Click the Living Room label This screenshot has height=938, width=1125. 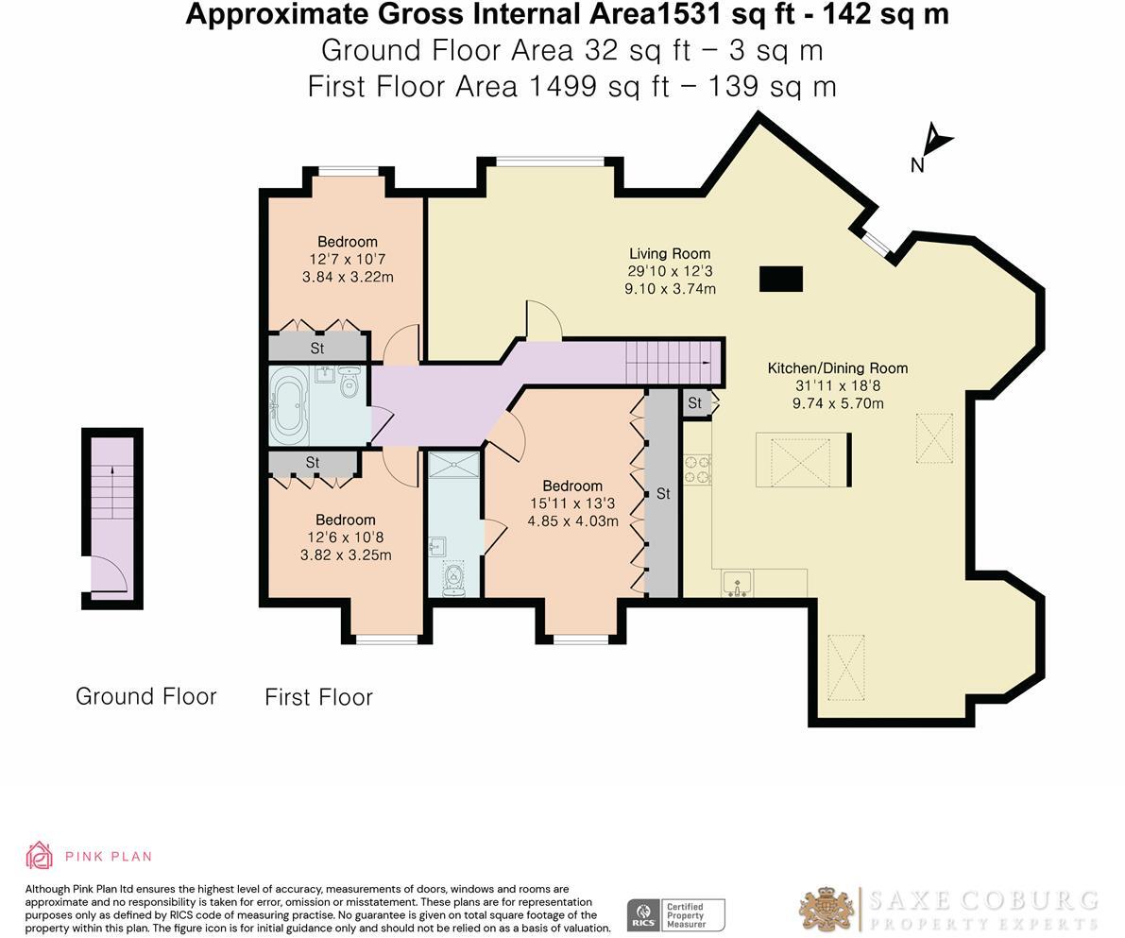(670, 253)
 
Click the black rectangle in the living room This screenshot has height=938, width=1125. (781, 279)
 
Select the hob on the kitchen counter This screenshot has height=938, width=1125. (698, 469)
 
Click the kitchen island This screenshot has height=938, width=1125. (802, 460)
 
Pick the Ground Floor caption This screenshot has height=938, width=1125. (146, 696)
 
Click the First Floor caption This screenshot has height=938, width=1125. (318, 697)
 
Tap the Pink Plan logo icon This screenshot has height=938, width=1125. (40, 855)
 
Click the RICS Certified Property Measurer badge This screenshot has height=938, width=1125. (675, 915)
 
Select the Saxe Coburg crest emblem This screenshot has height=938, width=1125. (827, 910)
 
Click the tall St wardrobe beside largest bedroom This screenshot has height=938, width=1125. (663, 493)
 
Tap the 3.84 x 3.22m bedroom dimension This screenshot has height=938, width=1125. (348, 277)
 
